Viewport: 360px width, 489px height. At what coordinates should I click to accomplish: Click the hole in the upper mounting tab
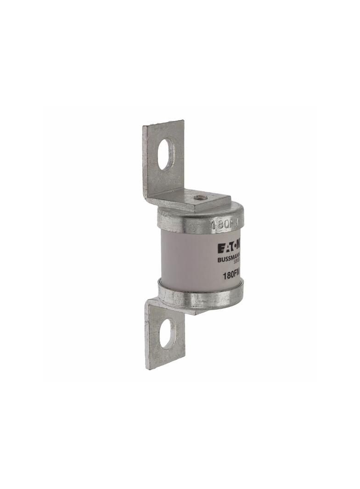(166, 154)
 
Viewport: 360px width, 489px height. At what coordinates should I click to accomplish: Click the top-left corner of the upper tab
(143, 127)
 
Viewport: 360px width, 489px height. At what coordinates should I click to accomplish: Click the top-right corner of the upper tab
(183, 121)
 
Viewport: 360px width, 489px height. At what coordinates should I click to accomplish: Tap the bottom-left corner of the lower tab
(146, 368)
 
